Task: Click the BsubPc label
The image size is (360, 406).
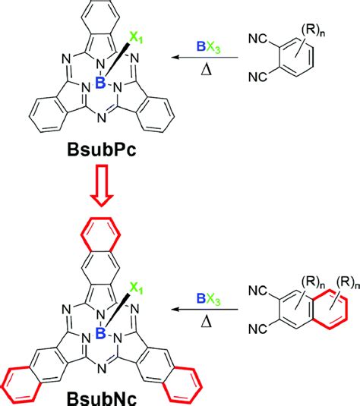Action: click(102, 150)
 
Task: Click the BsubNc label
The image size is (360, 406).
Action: click(102, 399)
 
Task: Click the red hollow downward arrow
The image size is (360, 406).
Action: click(102, 185)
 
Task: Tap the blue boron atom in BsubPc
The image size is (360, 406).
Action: click(100, 83)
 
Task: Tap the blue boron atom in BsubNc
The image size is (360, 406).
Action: click(100, 333)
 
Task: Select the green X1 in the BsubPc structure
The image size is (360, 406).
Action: click(136, 38)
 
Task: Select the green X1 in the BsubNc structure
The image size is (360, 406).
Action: click(136, 288)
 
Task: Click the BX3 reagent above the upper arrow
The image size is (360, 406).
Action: click(209, 47)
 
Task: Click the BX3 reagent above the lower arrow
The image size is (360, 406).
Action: click(209, 298)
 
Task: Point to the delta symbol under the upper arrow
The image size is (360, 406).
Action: click(207, 69)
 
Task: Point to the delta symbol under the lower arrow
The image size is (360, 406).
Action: click(207, 321)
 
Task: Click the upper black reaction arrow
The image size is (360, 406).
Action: click(205, 57)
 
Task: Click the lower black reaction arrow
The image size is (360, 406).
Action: click(205, 309)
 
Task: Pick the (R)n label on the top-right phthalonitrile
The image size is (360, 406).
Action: click(313, 31)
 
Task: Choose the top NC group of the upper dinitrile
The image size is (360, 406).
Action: click(257, 39)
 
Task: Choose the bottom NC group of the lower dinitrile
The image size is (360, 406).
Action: click(257, 329)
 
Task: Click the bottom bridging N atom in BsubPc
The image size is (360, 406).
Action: click(102, 118)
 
